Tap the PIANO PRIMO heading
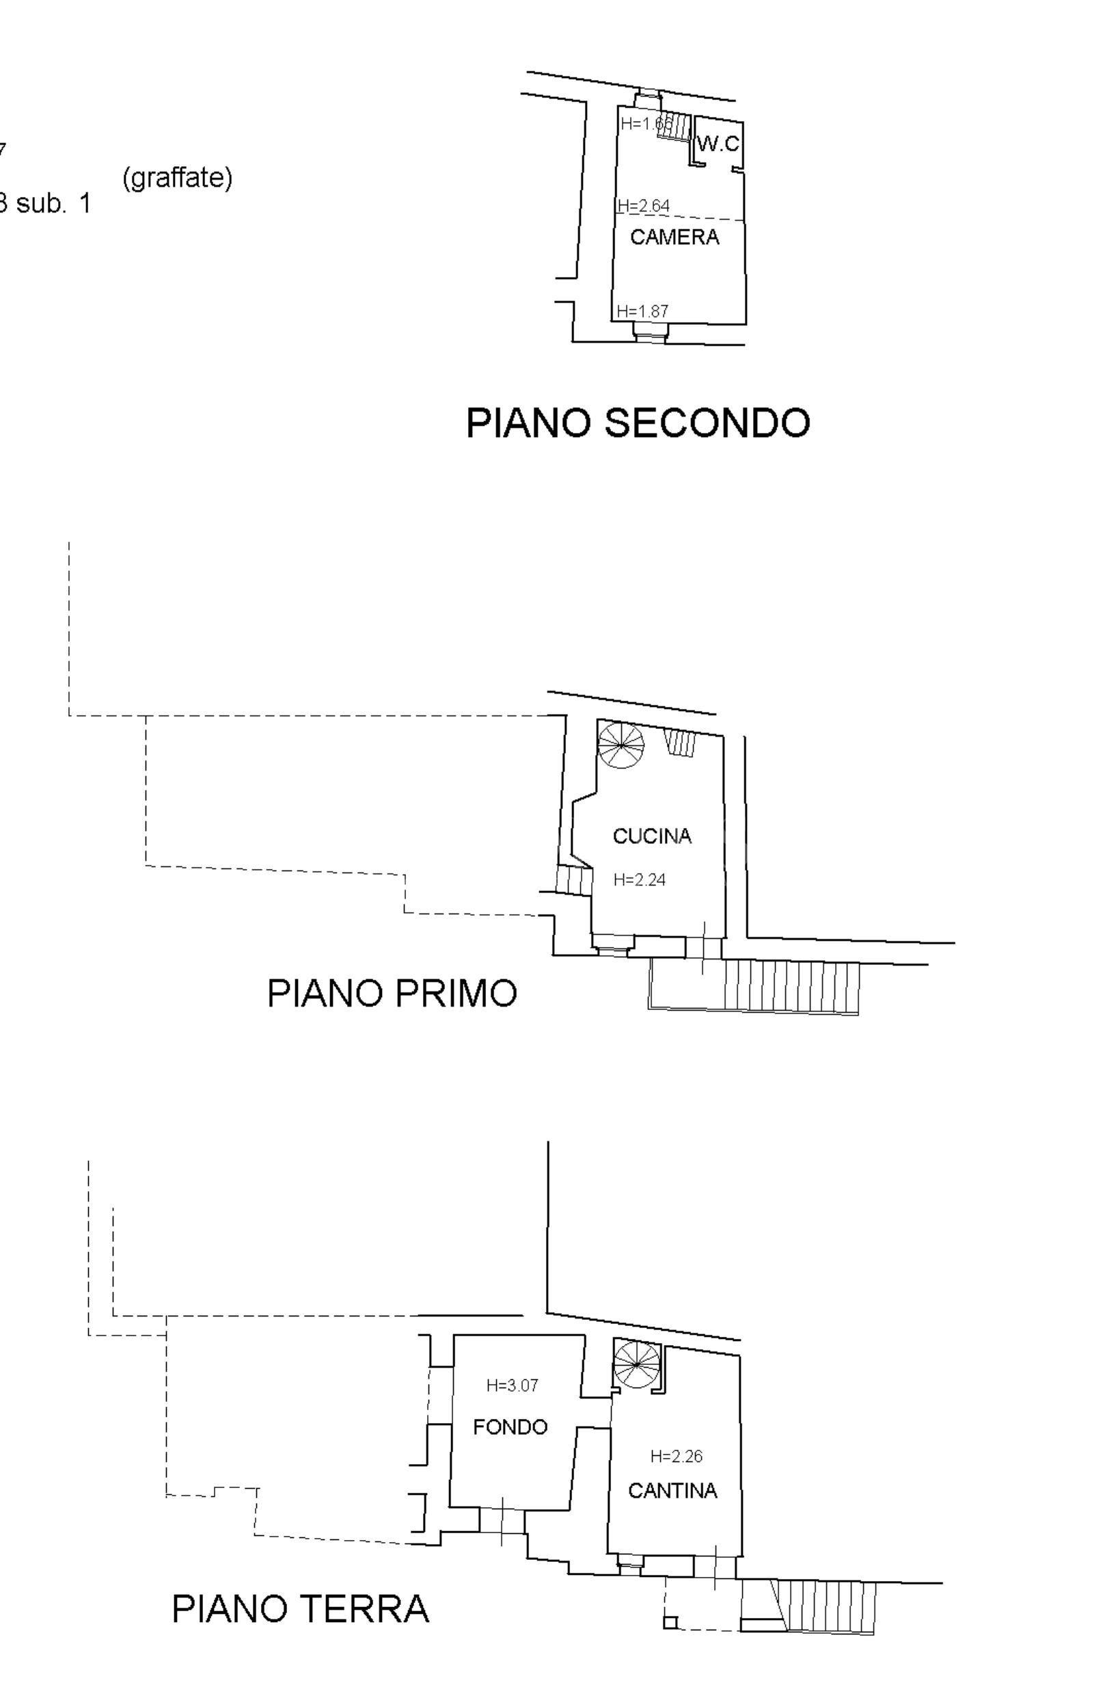tap(392, 993)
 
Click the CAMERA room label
tap(674, 237)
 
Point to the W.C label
tap(718, 144)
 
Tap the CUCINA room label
tap(652, 836)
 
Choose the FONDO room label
tap(510, 1427)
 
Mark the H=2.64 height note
tap(644, 206)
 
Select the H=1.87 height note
tap(643, 311)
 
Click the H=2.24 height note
tap(640, 879)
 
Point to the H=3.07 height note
tap(512, 1385)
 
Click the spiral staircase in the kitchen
tap(620, 745)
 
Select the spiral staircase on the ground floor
tap(636, 1365)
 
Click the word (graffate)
tap(177, 177)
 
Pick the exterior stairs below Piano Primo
tap(791, 986)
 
